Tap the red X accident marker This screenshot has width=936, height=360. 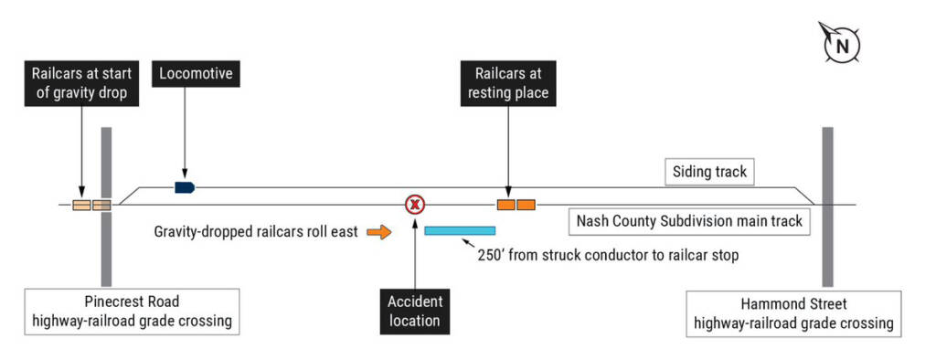pos(415,205)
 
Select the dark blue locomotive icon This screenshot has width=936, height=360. pos(185,187)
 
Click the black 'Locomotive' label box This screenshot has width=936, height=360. pos(197,73)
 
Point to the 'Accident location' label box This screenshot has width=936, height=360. pos(414,311)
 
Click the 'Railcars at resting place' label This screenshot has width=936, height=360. pos(507,82)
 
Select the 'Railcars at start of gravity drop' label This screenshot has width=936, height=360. pos(81,82)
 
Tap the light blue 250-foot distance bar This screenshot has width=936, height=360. pos(460,230)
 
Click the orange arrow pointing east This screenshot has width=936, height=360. pos(378,233)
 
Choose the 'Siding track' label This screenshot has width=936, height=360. pos(709,171)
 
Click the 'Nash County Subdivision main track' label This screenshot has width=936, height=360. pos(688,220)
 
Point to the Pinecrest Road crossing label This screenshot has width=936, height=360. pos(132,312)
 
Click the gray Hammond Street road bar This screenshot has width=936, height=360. pos(827,206)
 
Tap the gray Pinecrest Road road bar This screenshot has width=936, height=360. pos(106,206)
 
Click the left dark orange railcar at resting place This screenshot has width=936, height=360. pos(505,205)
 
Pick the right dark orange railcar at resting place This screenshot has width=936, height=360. pos(526,205)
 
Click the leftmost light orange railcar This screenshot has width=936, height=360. pos(81,205)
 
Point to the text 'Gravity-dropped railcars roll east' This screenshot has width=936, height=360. pos(256,233)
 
